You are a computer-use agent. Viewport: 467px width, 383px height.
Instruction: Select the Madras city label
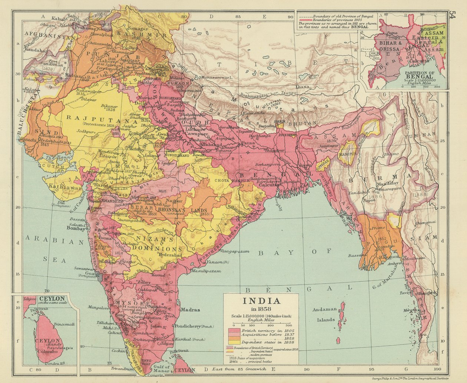tap(189, 310)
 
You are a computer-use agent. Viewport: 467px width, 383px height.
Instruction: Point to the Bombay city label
tap(76, 228)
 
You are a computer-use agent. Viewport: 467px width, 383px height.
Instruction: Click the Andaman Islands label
tap(324, 315)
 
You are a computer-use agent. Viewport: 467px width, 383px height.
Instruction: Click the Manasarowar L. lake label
tap(216, 78)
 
